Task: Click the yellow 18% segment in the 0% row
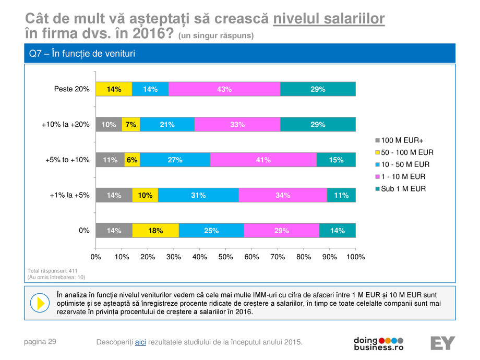(x=155, y=231)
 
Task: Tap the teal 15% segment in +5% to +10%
(x=335, y=160)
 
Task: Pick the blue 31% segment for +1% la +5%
(x=198, y=196)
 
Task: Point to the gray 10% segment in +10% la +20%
(x=109, y=125)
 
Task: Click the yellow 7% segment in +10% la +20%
(x=131, y=125)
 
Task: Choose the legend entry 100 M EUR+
(x=401, y=141)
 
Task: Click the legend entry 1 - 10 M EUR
(x=400, y=177)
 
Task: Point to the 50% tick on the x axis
(x=225, y=257)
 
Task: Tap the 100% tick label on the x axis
(x=355, y=257)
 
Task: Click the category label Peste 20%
(x=72, y=89)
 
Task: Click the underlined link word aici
(x=140, y=342)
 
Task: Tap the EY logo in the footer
(x=442, y=343)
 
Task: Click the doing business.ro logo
(x=379, y=343)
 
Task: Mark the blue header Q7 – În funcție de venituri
(x=86, y=54)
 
